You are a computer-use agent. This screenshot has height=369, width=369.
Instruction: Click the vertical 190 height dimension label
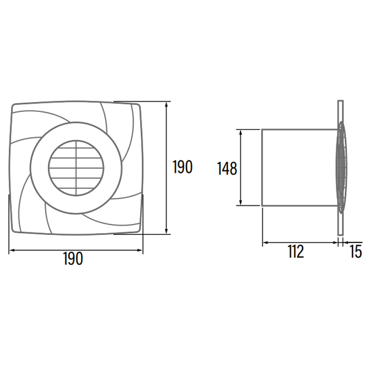click(x=183, y=167)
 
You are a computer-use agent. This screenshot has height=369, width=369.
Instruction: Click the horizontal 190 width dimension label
click(x=73, y=258)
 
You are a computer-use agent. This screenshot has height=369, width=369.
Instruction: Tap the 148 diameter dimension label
click(x=226, y=169)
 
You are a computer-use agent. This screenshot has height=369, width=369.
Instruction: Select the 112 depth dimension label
click(x=296, y=252)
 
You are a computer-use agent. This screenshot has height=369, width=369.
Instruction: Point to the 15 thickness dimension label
click(x=355, y=252)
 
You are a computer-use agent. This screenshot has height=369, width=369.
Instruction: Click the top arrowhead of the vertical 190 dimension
click(x=167, y=105)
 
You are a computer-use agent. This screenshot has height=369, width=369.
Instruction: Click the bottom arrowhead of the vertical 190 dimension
click(x=167, y=232)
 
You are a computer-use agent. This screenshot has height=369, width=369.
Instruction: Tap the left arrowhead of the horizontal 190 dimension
click(x=12, y=250)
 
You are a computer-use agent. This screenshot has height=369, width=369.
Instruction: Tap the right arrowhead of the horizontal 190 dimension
click(x=140, y=250)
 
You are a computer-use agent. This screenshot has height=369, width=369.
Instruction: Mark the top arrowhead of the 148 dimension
click(x=240, y=132)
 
